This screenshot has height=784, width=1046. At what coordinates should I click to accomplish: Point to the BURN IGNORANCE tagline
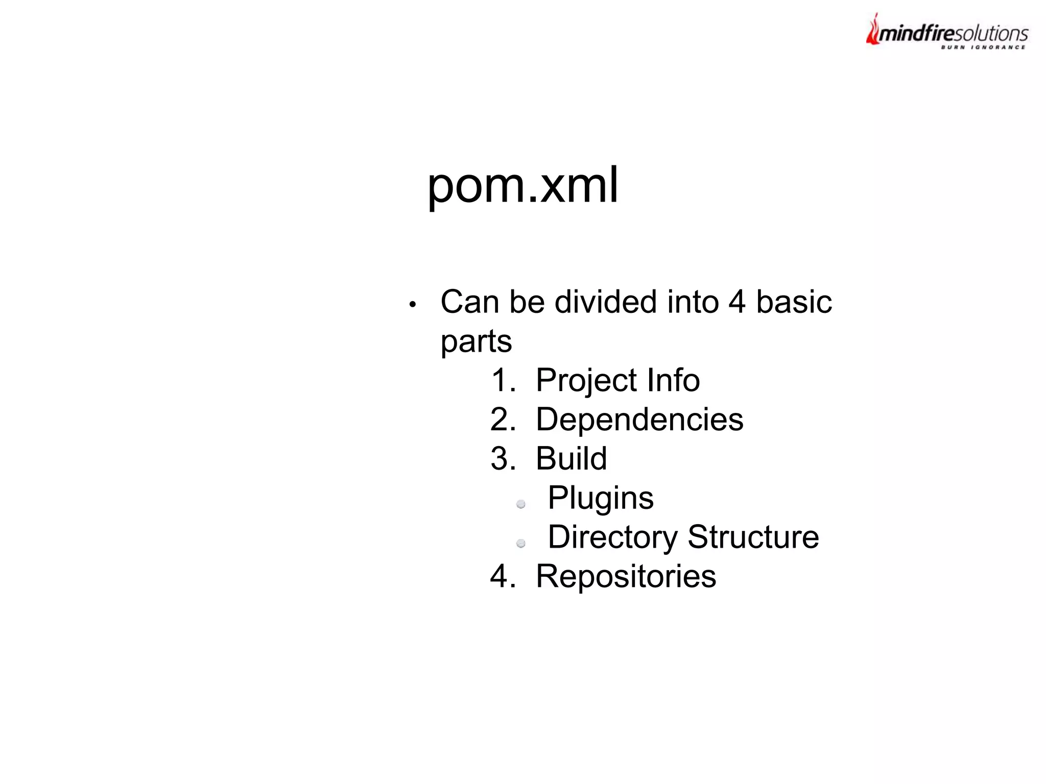click(983, 47)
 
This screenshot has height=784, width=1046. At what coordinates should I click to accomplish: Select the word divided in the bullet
click(605, 302)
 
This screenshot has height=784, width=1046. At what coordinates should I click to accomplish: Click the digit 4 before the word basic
click(736, 302)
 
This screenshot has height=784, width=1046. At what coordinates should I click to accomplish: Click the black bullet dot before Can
click(413, 305)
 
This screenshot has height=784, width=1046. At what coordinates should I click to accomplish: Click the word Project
click(586, 381)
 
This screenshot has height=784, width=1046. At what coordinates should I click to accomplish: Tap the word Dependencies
click(639, 420)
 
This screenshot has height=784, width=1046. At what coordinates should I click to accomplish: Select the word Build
click(571, 459)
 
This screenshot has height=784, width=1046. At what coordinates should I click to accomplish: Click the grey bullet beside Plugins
click(521, 504)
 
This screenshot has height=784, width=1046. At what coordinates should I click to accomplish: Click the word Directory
click(612, 537)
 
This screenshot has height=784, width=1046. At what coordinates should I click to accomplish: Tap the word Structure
click(753, 537)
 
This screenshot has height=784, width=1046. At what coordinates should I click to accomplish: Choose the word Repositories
click(626, 576)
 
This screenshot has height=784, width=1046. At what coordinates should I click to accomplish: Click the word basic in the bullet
click(794, 302)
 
